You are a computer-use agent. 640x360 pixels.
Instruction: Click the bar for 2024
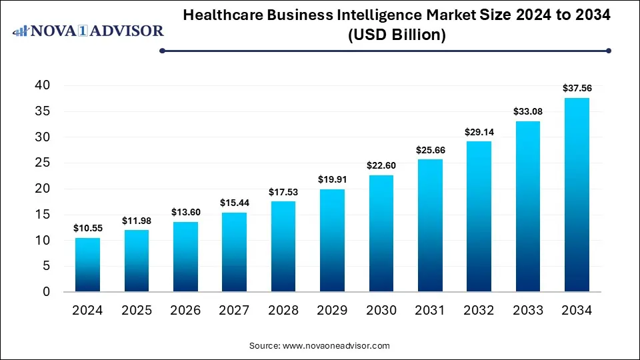click(87, 265)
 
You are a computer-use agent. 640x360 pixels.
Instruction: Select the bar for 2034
click(577, 195)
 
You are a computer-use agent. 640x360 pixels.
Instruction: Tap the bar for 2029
click(332, 241)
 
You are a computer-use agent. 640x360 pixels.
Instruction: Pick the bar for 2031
click(430, 225)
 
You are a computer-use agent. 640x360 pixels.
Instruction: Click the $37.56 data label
click(577, 87)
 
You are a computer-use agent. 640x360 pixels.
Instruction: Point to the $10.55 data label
click(87, 227)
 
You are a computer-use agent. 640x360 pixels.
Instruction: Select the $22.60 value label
click(381, 165)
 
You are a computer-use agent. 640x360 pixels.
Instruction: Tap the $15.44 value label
click(234, 202)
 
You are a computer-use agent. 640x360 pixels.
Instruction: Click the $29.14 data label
click(479, 131)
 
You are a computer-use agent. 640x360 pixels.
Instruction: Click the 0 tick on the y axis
click(46, 292)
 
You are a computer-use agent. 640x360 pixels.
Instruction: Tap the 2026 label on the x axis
click(185, 311)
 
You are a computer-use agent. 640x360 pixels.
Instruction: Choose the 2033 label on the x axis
click(527, 311)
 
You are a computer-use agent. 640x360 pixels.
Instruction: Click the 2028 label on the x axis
click(283, 311)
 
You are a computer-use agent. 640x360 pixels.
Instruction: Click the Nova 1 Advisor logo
click(89, 31)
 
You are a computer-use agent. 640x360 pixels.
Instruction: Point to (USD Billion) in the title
click(397, 35)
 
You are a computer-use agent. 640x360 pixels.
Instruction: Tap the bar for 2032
click(479, 217)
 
